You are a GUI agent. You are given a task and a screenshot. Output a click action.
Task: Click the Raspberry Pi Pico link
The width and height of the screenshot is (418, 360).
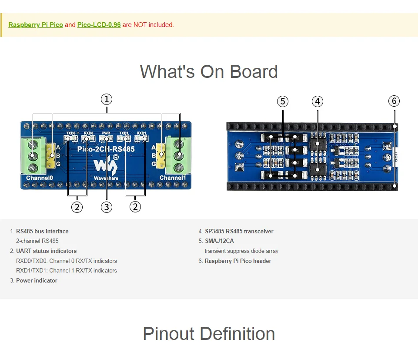click(36, 25)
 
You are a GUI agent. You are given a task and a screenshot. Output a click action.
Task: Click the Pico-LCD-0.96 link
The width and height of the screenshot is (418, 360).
click(99, 25)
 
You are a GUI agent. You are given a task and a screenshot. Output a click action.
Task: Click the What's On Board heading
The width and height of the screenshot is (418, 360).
click(209, 72)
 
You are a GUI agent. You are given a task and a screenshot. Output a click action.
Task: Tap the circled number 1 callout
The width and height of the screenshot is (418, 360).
click(107, 99)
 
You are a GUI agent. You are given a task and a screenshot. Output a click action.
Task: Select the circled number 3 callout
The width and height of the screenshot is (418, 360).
click(107, 207)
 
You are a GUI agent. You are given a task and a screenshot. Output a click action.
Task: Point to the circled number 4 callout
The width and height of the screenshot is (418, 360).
click(318, 101)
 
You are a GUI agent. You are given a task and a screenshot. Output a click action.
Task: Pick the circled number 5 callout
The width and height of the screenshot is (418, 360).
click(283, 101)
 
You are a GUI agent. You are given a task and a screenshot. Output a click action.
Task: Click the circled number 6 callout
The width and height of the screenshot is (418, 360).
click(394, 101)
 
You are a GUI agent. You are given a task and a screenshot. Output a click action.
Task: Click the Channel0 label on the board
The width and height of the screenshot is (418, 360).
click(40, 178)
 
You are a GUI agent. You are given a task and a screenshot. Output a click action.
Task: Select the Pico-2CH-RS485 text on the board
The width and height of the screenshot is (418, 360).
click(106, 149)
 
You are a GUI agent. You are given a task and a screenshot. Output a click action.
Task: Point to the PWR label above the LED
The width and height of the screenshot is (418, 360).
click(106, 133)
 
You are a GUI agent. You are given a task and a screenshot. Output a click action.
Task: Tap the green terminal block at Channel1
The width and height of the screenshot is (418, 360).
click(178, 155)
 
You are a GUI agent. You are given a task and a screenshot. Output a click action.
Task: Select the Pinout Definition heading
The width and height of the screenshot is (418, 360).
click(209, 334)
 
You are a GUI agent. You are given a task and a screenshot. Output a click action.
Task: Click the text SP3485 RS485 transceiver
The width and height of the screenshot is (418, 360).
click(239, 231)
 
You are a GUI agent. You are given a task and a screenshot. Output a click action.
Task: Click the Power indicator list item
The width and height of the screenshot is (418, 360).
click(37, 280)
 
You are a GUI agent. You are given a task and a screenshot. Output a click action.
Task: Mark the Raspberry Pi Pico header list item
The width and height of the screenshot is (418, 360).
click(237, 261)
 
